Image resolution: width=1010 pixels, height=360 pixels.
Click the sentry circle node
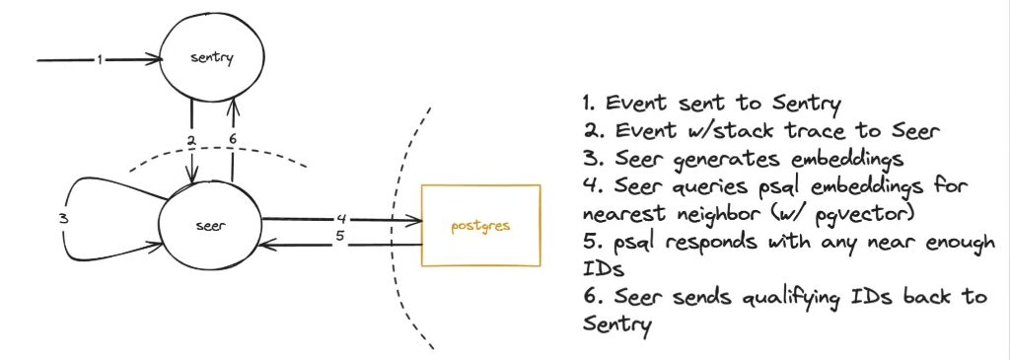[211, 58]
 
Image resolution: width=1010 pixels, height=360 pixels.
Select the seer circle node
[210, 225]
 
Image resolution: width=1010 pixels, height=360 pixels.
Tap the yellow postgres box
[480, 225]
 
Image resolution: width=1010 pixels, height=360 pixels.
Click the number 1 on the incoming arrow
[100, 59]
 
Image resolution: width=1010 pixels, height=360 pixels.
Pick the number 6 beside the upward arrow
[233, 139]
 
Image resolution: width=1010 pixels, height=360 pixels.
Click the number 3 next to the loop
[63, 218]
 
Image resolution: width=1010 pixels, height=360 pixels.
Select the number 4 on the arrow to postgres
[340, 217]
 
